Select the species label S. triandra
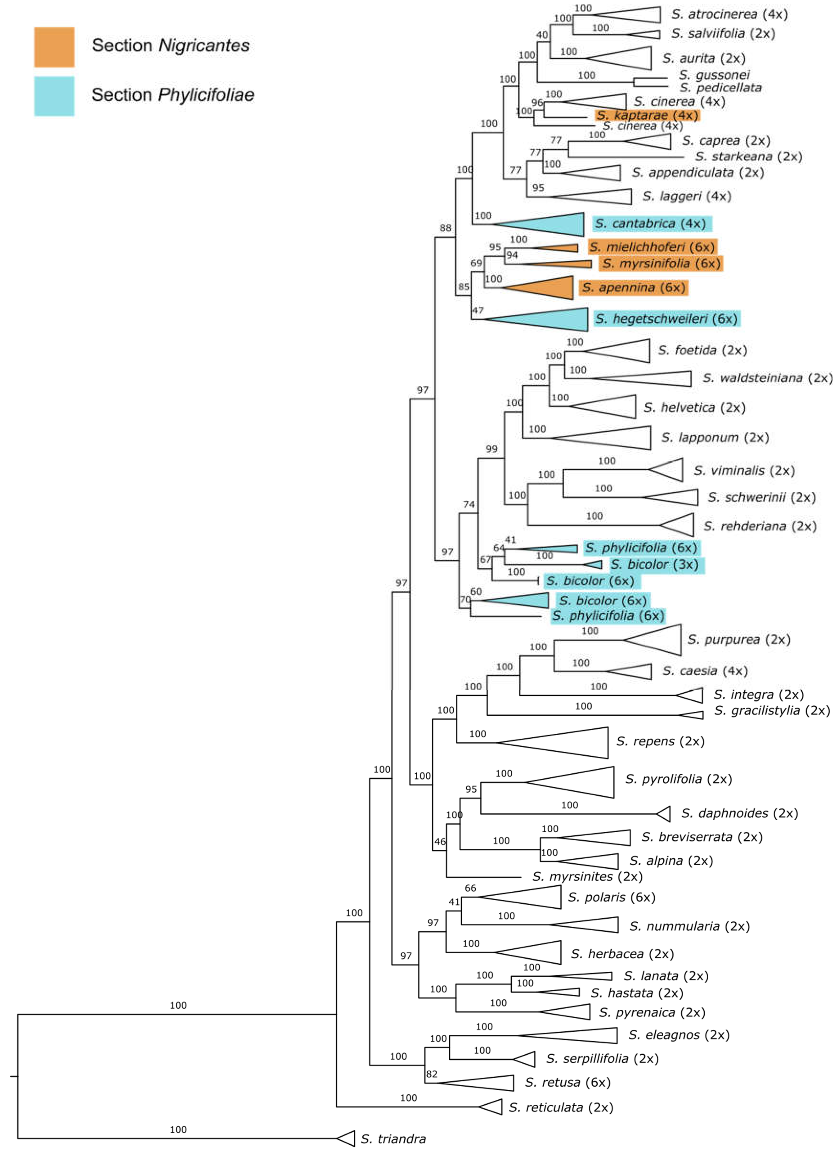[393, 1139]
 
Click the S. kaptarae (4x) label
[647, 115]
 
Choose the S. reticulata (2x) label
[560, 1107]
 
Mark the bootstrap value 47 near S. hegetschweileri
[478, 310]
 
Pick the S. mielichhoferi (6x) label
[652, 247]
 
